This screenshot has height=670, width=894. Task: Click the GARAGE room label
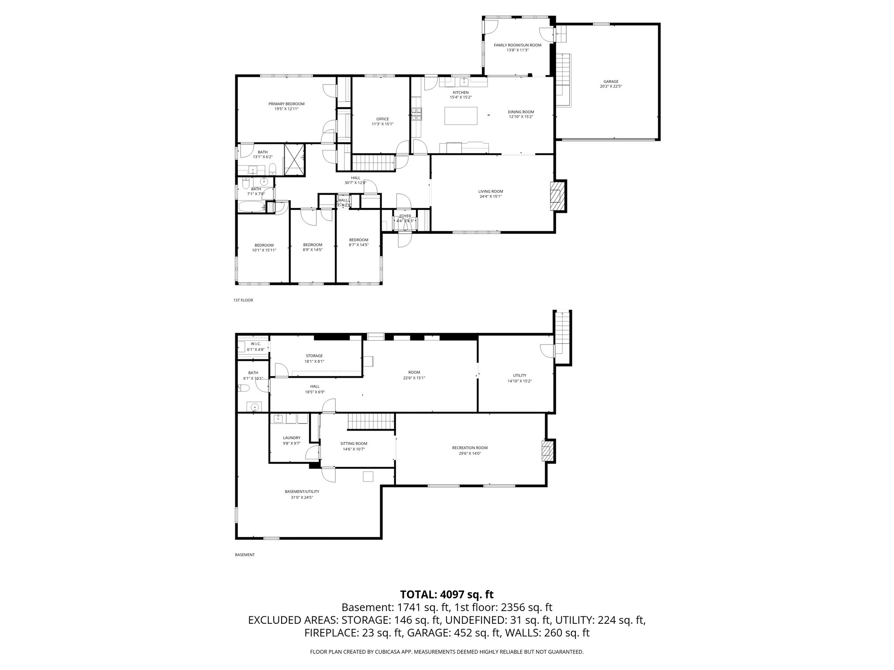pyautogui.click(x=611, y=82)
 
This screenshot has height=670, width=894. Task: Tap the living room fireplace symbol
pyautogui.click(x=556, y=196)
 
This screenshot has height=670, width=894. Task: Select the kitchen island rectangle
pyautogui.click(x=461, y=116)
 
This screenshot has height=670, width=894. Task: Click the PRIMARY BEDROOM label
pyautogui.click(x=286, y=104)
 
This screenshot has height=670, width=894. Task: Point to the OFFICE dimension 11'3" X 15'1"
pyautogui.click(x=382, y=124)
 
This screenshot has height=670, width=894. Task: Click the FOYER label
pyautogui.click(x=405, y=216)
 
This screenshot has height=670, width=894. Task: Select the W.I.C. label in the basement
pyautogui.click(x=255, y=344)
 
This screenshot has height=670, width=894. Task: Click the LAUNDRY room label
pyautogui.click(x=292, y=438)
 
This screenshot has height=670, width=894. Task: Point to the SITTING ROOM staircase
pyautogui.click(x=371, y=422)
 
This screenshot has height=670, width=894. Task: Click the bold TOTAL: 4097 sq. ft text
pyautogui.click(x=447, y=594)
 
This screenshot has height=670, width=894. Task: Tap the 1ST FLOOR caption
pyautogui.click(x=243, y=300)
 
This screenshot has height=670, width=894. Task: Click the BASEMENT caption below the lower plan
pyautogui.click(x=244, y=555)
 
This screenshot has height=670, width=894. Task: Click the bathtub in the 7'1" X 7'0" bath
pyautogui.click(x=251, y=206)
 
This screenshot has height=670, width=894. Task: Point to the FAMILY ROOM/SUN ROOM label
pyautogui.click(x=517, y=45)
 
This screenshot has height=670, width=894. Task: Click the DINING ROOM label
pyautogui.click(x=521, y=112)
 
